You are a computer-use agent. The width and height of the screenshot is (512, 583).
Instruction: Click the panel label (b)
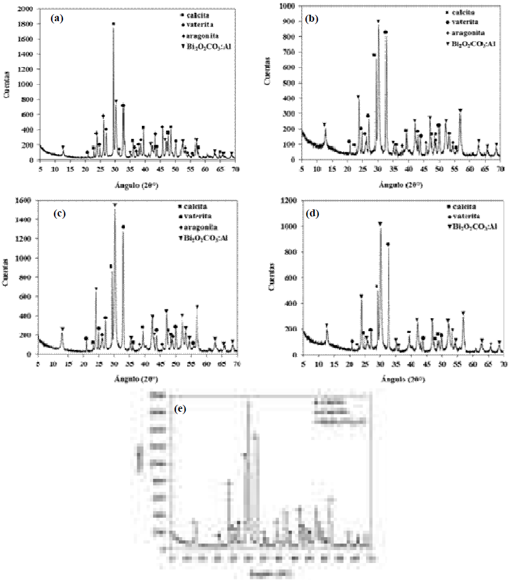coord(313,18)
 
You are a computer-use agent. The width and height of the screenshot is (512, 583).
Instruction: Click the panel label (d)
coord(313,213)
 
